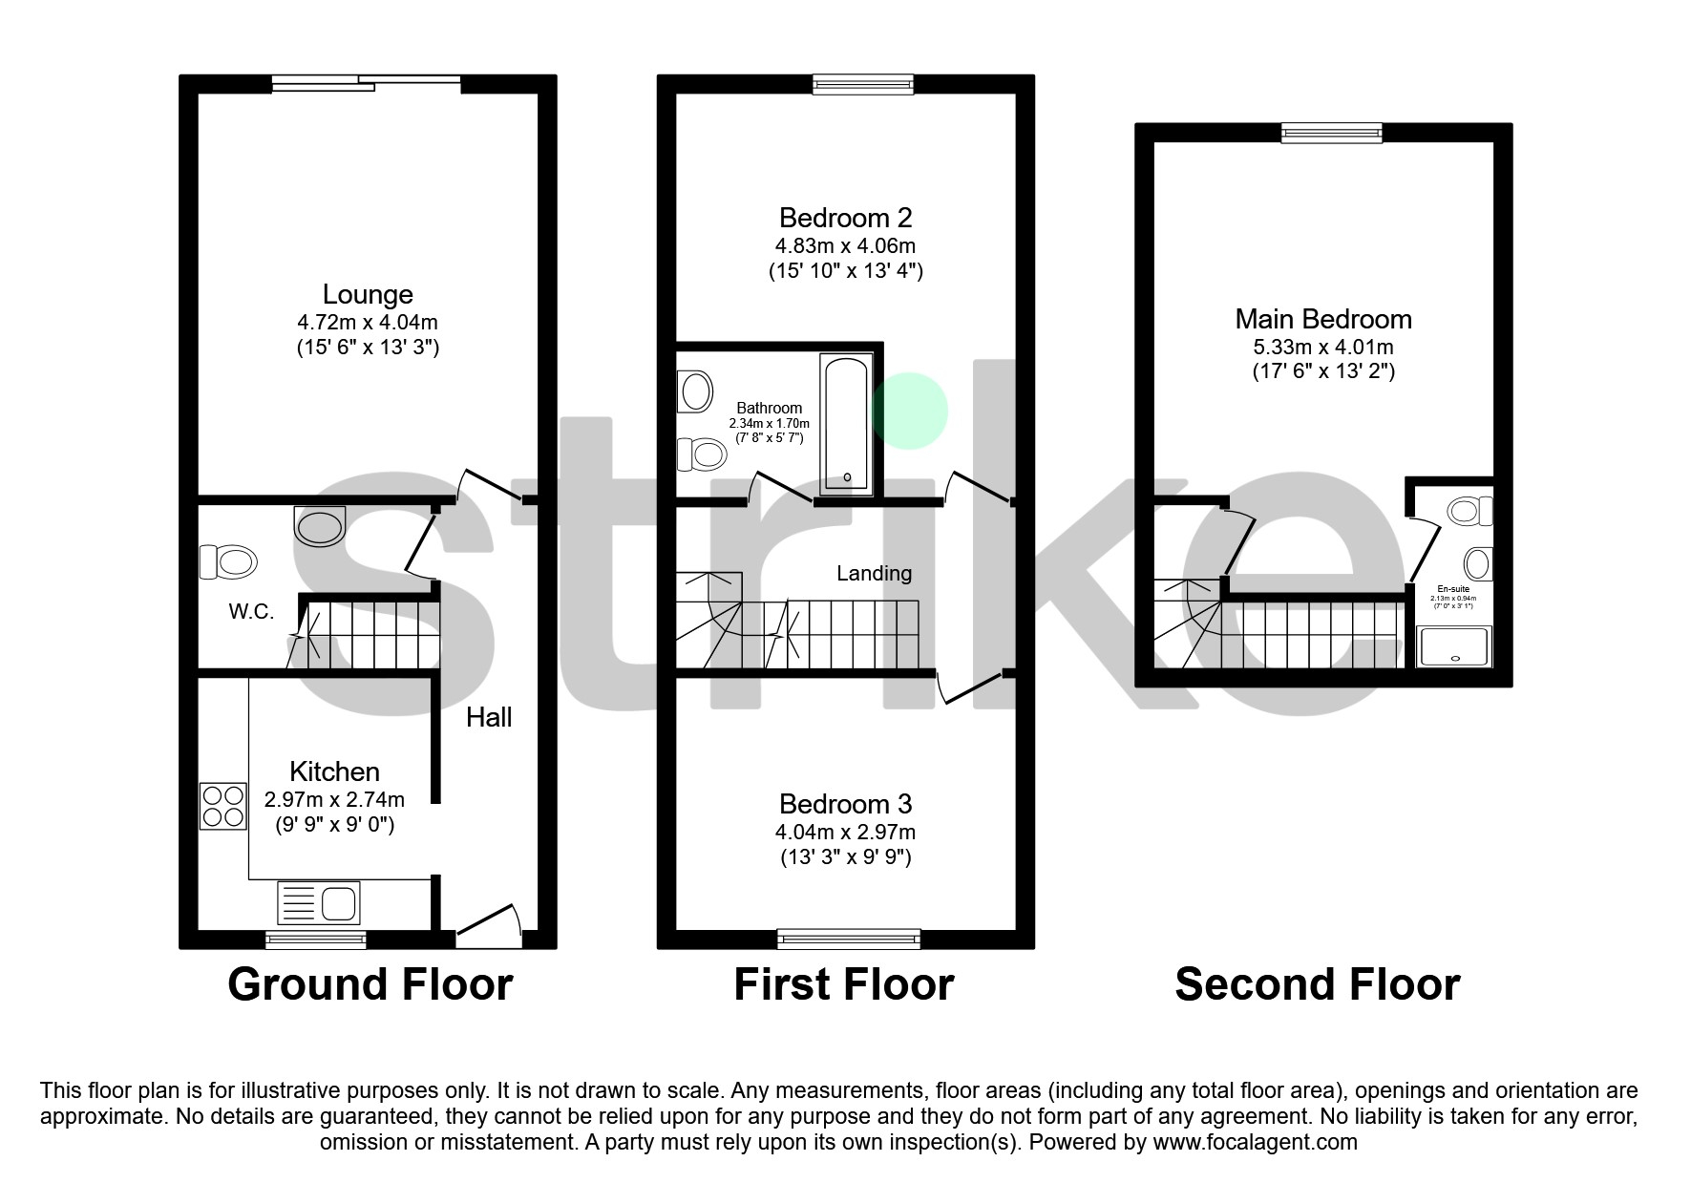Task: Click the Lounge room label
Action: [x=368, y=294]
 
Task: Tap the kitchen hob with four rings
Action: [x=222, y=806]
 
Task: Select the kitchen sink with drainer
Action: [x=318, y=901]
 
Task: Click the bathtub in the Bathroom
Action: [x=846, y=423]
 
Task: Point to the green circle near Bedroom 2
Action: [x=911, y=412]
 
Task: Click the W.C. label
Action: [x=251, y=612]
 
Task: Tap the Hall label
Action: [x=489, y=717]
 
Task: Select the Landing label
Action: [x=874, y=573]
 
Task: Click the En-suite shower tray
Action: [x=1453, y=646]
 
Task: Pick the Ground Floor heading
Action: [x=370, y=984]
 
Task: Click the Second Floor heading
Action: [x=1317, y=984]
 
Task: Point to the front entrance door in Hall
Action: [x=489, y=926]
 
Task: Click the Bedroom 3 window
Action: [x=849, y=939]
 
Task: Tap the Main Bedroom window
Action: [x=1331, y=133]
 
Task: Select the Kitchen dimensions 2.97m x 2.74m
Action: [x=334, y=799]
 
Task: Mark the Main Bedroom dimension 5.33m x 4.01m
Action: [x=1323, y=347]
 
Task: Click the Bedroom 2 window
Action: [x=863, y=85]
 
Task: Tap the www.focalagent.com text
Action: [x=1255, y=1142]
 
